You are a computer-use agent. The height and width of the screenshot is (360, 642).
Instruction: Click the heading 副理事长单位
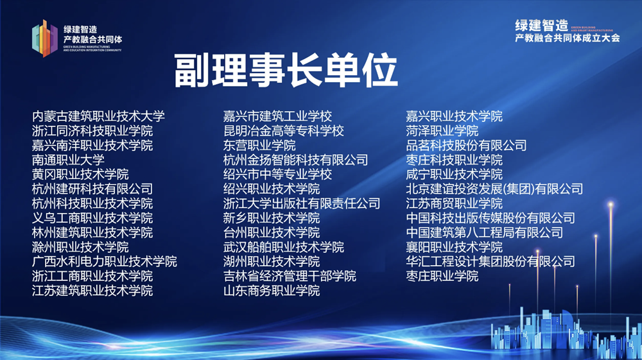tap(286, 71)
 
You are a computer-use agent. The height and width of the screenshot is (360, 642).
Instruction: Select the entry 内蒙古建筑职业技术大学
tap(99, 116)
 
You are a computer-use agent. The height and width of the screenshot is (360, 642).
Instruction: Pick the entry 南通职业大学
tap(68, 160)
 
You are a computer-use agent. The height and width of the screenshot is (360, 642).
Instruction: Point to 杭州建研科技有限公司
tap(92, 189)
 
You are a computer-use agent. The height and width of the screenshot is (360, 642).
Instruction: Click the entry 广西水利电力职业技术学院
tap(105, 262)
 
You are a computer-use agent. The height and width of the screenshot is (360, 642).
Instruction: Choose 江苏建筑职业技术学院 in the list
tap(92, 291)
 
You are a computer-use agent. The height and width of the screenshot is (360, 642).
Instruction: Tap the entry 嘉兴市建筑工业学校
tap(277, 116)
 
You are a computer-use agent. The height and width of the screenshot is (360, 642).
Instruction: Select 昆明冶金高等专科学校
tap(283, 131)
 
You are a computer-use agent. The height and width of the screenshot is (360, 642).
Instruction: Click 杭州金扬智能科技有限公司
tap(295, 160)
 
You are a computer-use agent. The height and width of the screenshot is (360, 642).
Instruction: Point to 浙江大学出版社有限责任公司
tap(302, 203)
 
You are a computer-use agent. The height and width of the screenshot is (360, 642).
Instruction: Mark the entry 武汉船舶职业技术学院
tap(283, 247)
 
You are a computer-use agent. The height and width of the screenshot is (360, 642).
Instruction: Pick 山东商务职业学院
tap(271, 291)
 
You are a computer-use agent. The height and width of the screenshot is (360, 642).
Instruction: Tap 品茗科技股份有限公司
tap(466, 145)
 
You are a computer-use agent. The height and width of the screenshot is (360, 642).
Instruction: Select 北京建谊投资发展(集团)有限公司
tap(494, 189)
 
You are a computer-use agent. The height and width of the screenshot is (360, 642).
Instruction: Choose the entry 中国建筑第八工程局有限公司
tap(484, 232)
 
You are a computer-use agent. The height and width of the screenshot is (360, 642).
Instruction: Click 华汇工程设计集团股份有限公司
tap(490, 262)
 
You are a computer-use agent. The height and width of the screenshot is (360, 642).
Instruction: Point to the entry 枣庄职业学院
tap(442, 276)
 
